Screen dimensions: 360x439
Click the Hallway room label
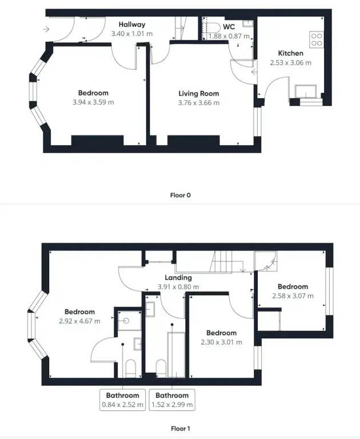[132, 25]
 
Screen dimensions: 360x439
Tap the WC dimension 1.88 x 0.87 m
[229, 36]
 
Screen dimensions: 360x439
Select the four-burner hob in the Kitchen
[317, 39]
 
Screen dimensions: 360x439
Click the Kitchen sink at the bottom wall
[306, 91]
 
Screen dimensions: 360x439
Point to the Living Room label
[199, 94]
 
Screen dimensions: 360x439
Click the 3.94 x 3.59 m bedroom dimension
[93, 102]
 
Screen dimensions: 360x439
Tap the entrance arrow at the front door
[46, 29]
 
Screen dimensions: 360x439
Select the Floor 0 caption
[180, 195]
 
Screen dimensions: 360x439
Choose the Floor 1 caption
[180, 428]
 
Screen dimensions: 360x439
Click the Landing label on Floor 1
[178, 277]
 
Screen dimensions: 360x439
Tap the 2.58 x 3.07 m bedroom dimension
[293, 296]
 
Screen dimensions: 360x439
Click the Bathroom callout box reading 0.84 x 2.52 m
[123, 400]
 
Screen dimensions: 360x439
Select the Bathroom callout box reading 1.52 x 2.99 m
[172, 400]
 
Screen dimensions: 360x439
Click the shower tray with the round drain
[129, 321]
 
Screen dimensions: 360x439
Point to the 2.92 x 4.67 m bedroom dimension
[79, 321]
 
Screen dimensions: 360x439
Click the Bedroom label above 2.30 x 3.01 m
[222, 333]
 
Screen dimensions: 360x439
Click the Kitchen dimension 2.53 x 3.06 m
[291, 63]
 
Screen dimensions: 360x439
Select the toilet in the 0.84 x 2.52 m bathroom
[131, 369]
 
